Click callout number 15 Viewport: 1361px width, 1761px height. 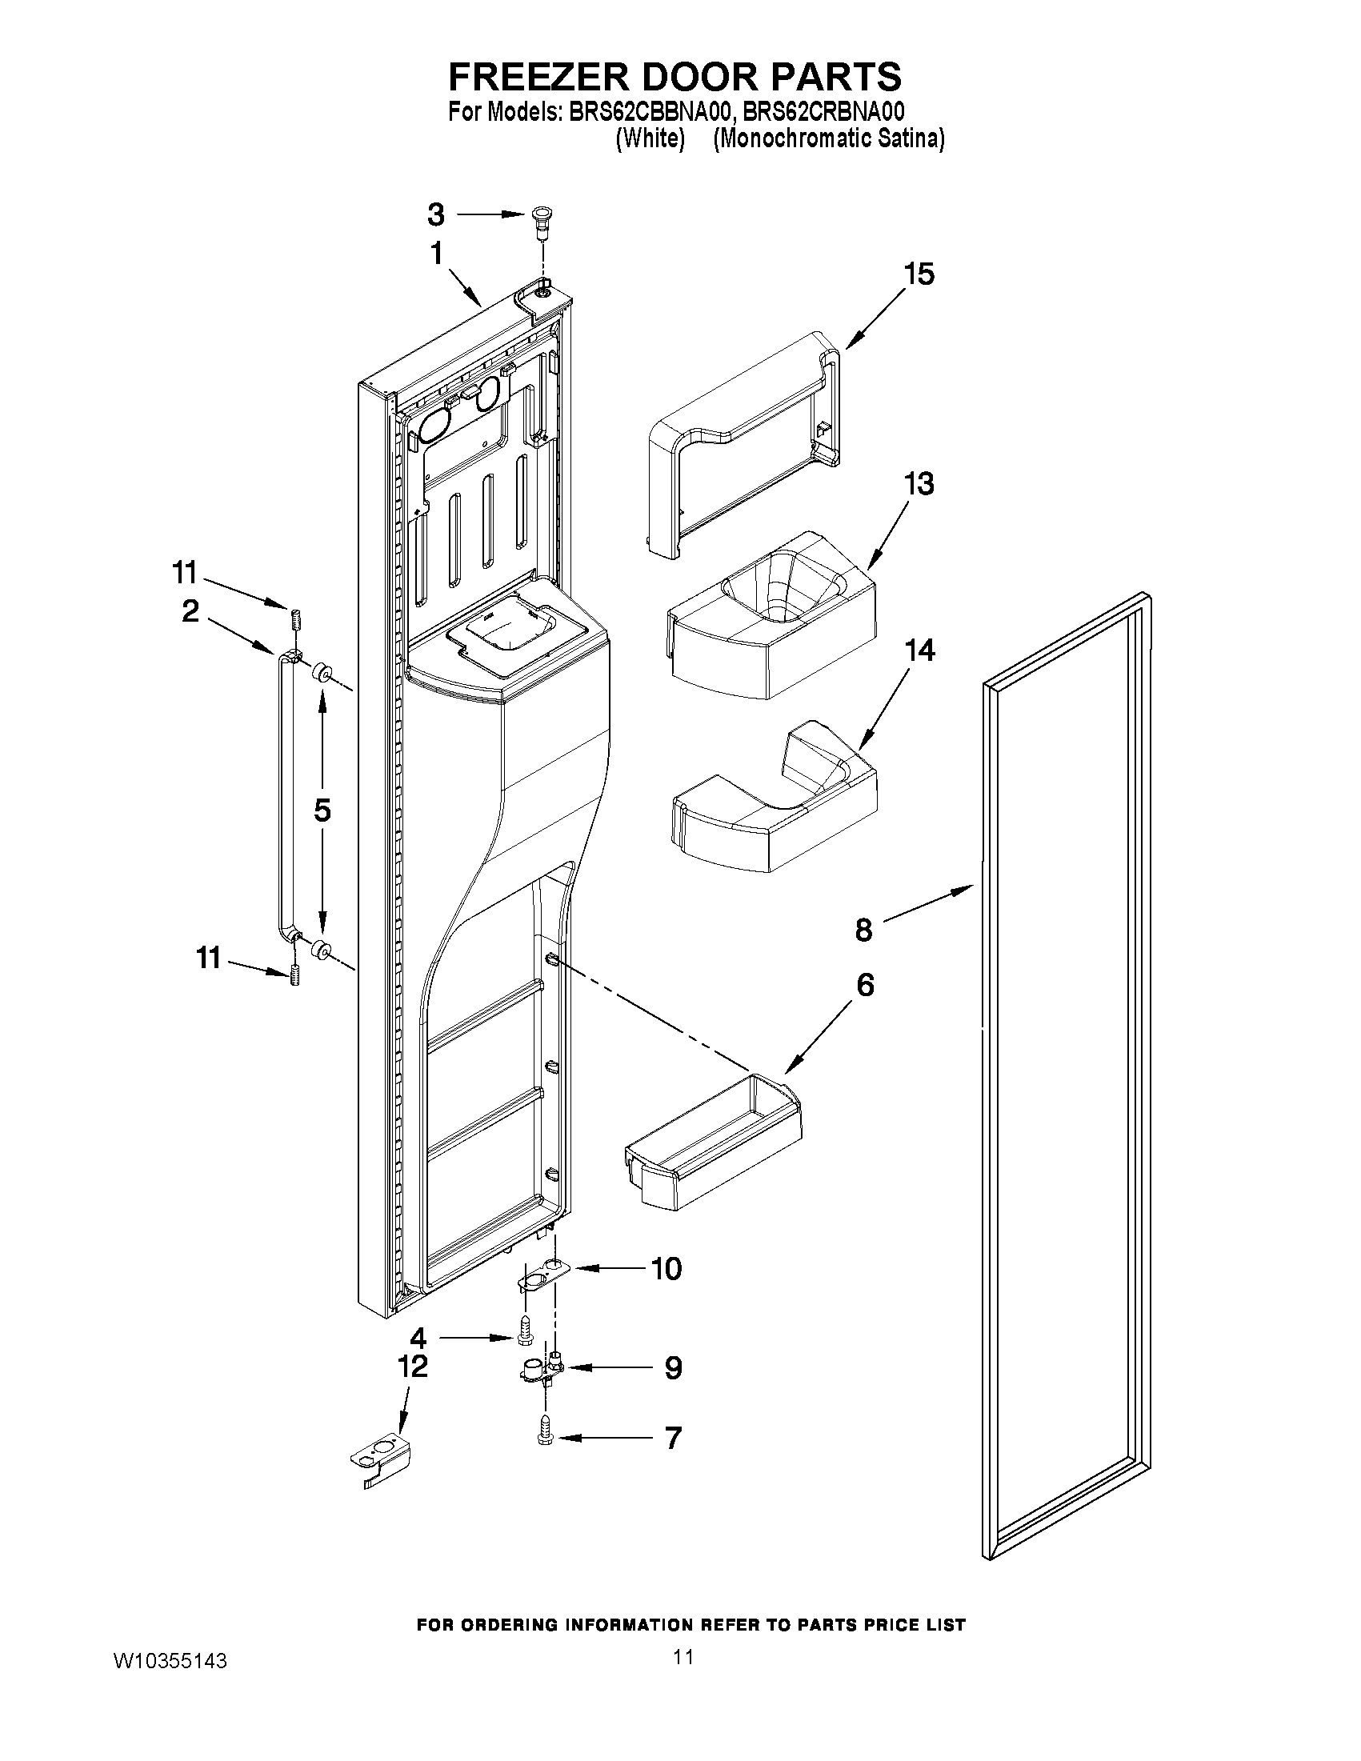point(919,274)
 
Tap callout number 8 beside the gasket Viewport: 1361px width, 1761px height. point(863,930)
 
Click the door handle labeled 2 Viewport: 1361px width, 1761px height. point(286,798)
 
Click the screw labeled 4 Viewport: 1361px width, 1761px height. point(525,1337)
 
